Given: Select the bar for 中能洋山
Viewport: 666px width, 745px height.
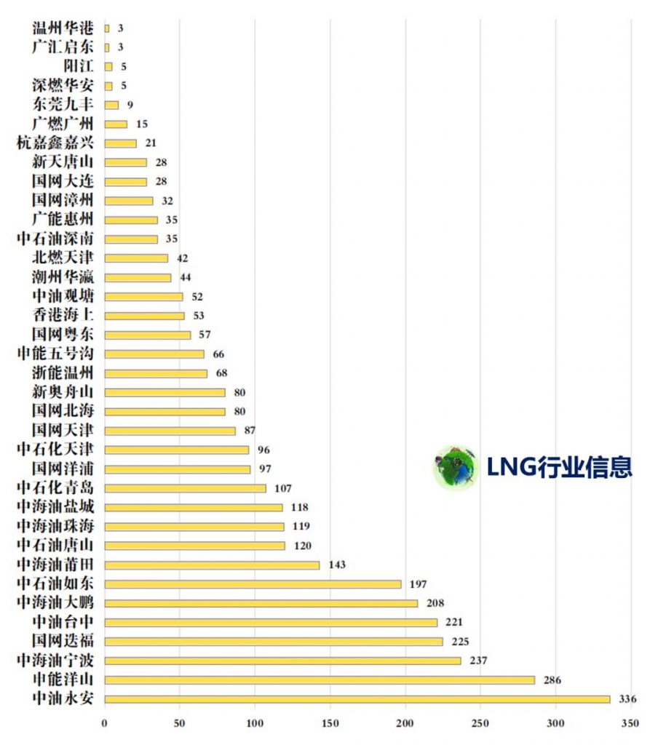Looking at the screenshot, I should pyautogui.click(x=320, y=680).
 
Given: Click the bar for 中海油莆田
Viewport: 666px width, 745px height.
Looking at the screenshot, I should pyautogui.click(x=212, y=565).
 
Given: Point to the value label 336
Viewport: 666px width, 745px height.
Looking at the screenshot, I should pyautogui.click(x=627, y=699).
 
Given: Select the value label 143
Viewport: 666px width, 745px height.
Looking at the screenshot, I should pyautogui.click(x=336, y=565).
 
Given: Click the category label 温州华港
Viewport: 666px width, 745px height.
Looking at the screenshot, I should pyautogui.click(x=63, y=28).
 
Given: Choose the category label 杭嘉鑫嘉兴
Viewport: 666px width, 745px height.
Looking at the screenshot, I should pyautogui.click(x=55, y=143).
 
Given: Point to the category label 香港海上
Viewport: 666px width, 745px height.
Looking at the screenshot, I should pyautogui.click(x=63, y=315).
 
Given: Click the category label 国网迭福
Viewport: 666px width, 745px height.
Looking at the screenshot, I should pyautogui.click(x=63, y=641).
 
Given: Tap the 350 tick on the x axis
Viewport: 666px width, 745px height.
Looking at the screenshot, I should pyautogui.click(x=630, y=724).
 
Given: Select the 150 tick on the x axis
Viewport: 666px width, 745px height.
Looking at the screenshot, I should pyautogui.click(x=330, y=724).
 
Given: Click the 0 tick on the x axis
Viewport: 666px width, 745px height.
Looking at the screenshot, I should pyautogui.click(x=105, y=724).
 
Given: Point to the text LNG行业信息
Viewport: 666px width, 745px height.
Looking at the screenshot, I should pyautogui.click(x=559, y=467).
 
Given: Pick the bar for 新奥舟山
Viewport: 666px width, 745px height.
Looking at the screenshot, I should pyautogui.click(x=165, y=392).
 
